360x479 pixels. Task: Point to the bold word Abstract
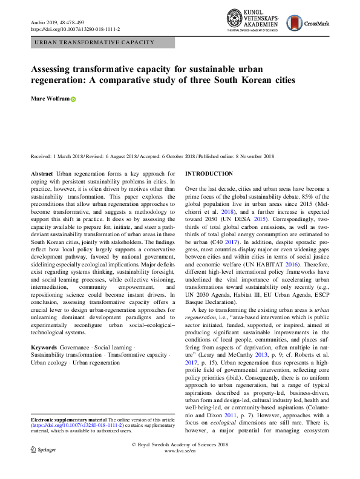42,174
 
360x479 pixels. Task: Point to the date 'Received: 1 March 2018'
61,156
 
